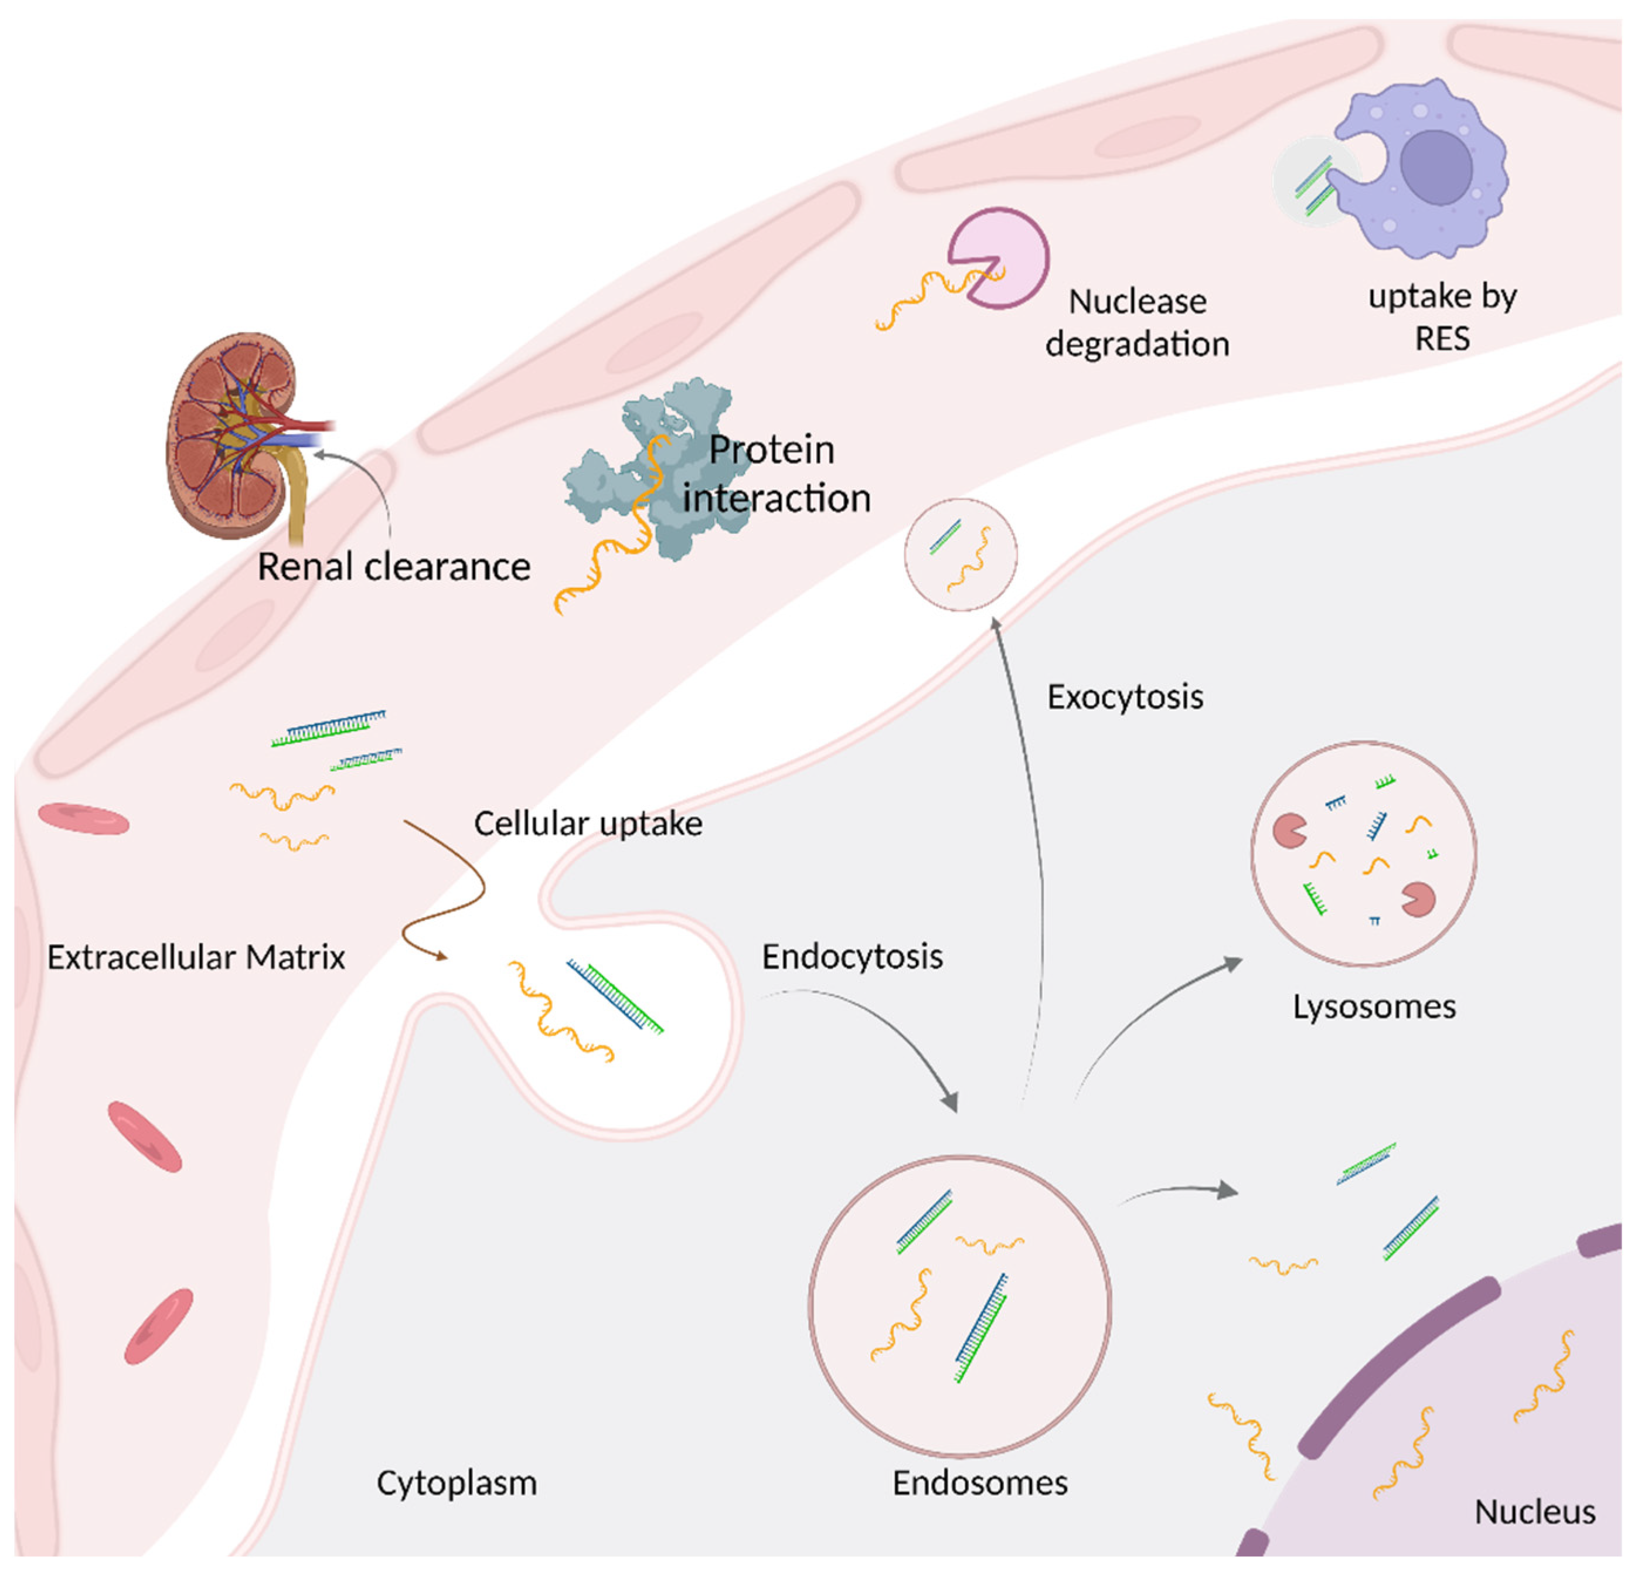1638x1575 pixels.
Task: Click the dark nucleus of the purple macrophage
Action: (1436, 166)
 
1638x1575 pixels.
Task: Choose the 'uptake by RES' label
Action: (1442, 317)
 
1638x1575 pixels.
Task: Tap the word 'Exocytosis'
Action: (1125, 697)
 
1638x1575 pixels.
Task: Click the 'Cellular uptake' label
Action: (587, 824)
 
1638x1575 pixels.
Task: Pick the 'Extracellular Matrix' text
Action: (196, 957)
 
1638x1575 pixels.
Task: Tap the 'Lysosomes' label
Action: (1374, 1006)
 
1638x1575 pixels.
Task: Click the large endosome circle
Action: (959, 1304)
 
